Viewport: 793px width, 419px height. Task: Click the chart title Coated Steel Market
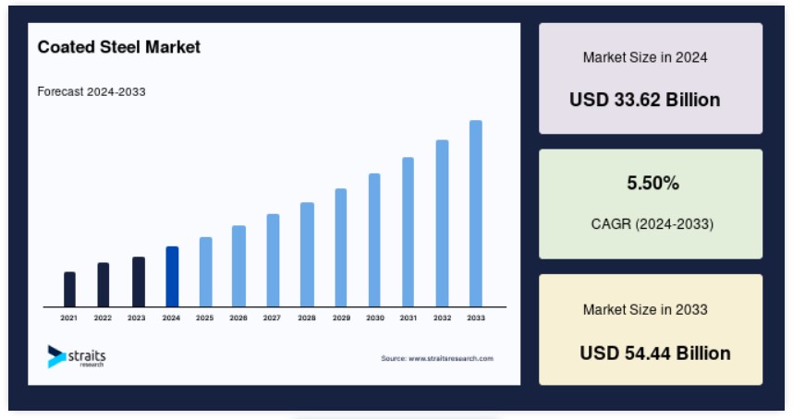click(x=119, y=47)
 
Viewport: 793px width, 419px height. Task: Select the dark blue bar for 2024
click(x=172, y=277)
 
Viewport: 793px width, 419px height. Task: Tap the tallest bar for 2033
click(x=476, y=213)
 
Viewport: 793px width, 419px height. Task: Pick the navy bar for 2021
click(x=70, y=289)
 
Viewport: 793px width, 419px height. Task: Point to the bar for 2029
click(x=341, y=247)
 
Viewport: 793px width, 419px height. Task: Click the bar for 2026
click(x=238, y=266)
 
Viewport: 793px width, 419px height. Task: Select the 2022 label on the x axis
click(x=103, y=318)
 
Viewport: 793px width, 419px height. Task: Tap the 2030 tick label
click(x=375, y=318)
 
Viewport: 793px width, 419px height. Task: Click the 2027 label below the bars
click(x=272, y=318)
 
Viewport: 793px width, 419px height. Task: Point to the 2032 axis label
click(x=442, y=318)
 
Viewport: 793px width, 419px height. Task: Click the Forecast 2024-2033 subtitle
click(x=91, y=92)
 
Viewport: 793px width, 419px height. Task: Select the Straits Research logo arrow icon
click(x=56, y=356)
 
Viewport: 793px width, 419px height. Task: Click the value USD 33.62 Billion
click(x=645, y=100)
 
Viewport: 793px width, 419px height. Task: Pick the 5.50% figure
click(x=653, y=183)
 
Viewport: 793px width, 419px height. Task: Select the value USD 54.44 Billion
click(x=655, y=353)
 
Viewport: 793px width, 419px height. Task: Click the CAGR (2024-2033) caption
click(x=653, y=223)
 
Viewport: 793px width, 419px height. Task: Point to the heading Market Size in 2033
click(x=645, y=309)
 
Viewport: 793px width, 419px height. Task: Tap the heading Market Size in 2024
click(x=645, y=57)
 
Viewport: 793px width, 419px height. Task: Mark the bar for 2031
click(x=409, y=232)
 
